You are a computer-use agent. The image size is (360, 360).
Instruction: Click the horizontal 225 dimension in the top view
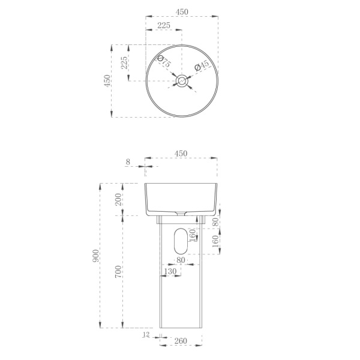tap(164, 25)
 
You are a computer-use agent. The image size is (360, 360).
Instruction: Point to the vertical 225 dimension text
tap(124, 63)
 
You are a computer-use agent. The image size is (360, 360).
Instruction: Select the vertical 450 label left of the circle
tap(107, 80)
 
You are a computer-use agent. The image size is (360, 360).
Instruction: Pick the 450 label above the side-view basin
tap(181, 154)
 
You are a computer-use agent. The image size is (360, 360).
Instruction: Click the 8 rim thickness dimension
tap(128, 161)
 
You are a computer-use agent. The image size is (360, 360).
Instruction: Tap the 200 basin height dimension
tap(119, 200)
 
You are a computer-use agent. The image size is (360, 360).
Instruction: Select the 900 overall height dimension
tap(95, 256)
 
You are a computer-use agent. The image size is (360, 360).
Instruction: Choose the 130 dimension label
tap(170, 272)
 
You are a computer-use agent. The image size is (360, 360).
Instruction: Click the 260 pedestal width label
tap(181, 341)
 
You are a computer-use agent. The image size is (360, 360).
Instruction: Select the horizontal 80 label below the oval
tap(181, 260)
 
